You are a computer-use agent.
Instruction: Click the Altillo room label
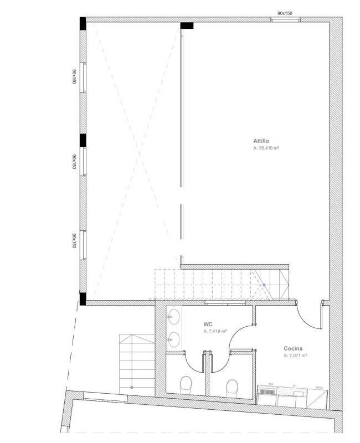[261, 142]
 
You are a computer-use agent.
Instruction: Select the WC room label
[209, 324]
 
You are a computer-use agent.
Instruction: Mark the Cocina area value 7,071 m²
[295, 356]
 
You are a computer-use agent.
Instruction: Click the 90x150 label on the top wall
[285, 13]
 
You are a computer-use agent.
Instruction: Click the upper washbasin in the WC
[174, 317]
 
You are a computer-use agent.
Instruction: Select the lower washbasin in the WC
[174, 337]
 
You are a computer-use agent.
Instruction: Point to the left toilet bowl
[186, 383]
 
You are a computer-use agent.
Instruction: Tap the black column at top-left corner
[83, 23]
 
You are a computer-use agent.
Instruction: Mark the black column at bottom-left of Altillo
[83, 299]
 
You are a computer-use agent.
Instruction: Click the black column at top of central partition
[187, 25]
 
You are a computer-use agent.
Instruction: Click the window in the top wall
[285, 20]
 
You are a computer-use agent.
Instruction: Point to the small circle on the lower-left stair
[132, 387]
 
